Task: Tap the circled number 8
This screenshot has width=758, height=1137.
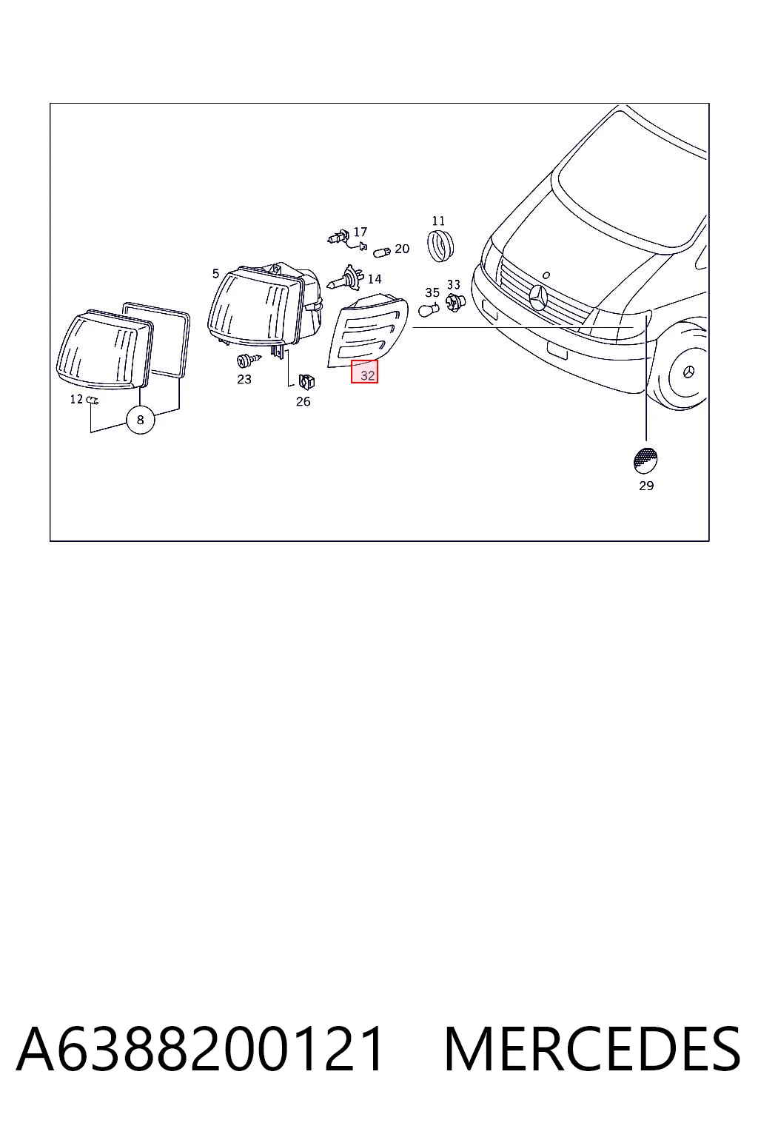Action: tap(141, 420)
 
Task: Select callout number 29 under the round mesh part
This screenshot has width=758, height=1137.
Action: tap(645, 486)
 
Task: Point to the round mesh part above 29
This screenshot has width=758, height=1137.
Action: tap(645, 460)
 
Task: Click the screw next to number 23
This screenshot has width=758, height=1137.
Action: tap(249, 361)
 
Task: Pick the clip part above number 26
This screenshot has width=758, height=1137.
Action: tap(306, 379)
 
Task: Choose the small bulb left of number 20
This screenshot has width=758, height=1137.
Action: tap(382, 252)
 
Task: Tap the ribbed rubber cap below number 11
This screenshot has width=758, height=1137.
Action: tap(440, 246)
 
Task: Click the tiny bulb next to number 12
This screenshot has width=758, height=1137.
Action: tap(93, 400)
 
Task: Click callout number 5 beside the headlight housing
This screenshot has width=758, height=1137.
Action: tap(215, 274)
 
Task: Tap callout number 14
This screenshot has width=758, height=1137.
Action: tap(374, 278)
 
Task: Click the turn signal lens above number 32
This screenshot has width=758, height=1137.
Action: tap(368, 330)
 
